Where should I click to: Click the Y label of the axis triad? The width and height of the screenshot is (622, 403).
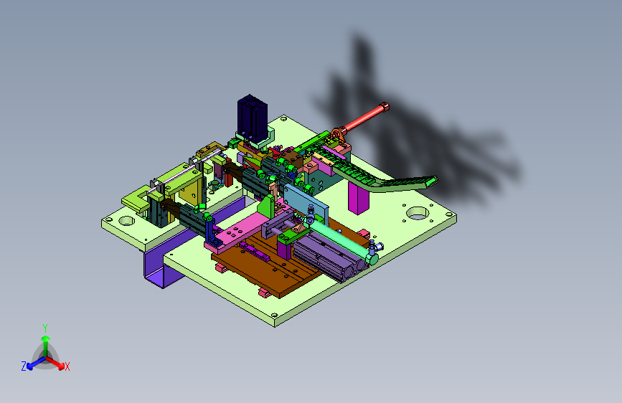tap(45, 328)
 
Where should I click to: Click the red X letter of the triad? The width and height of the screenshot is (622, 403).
tap(67, 367)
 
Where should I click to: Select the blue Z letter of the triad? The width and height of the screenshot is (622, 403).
tap(24, 366)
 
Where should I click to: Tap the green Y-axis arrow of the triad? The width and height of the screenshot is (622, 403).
tap(46, 346)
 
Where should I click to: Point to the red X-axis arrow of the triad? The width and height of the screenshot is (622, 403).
tap(55, 363)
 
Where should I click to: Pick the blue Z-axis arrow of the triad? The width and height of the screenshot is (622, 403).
tap(37, 363)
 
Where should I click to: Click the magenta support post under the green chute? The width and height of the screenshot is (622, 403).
tap(358, 197)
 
